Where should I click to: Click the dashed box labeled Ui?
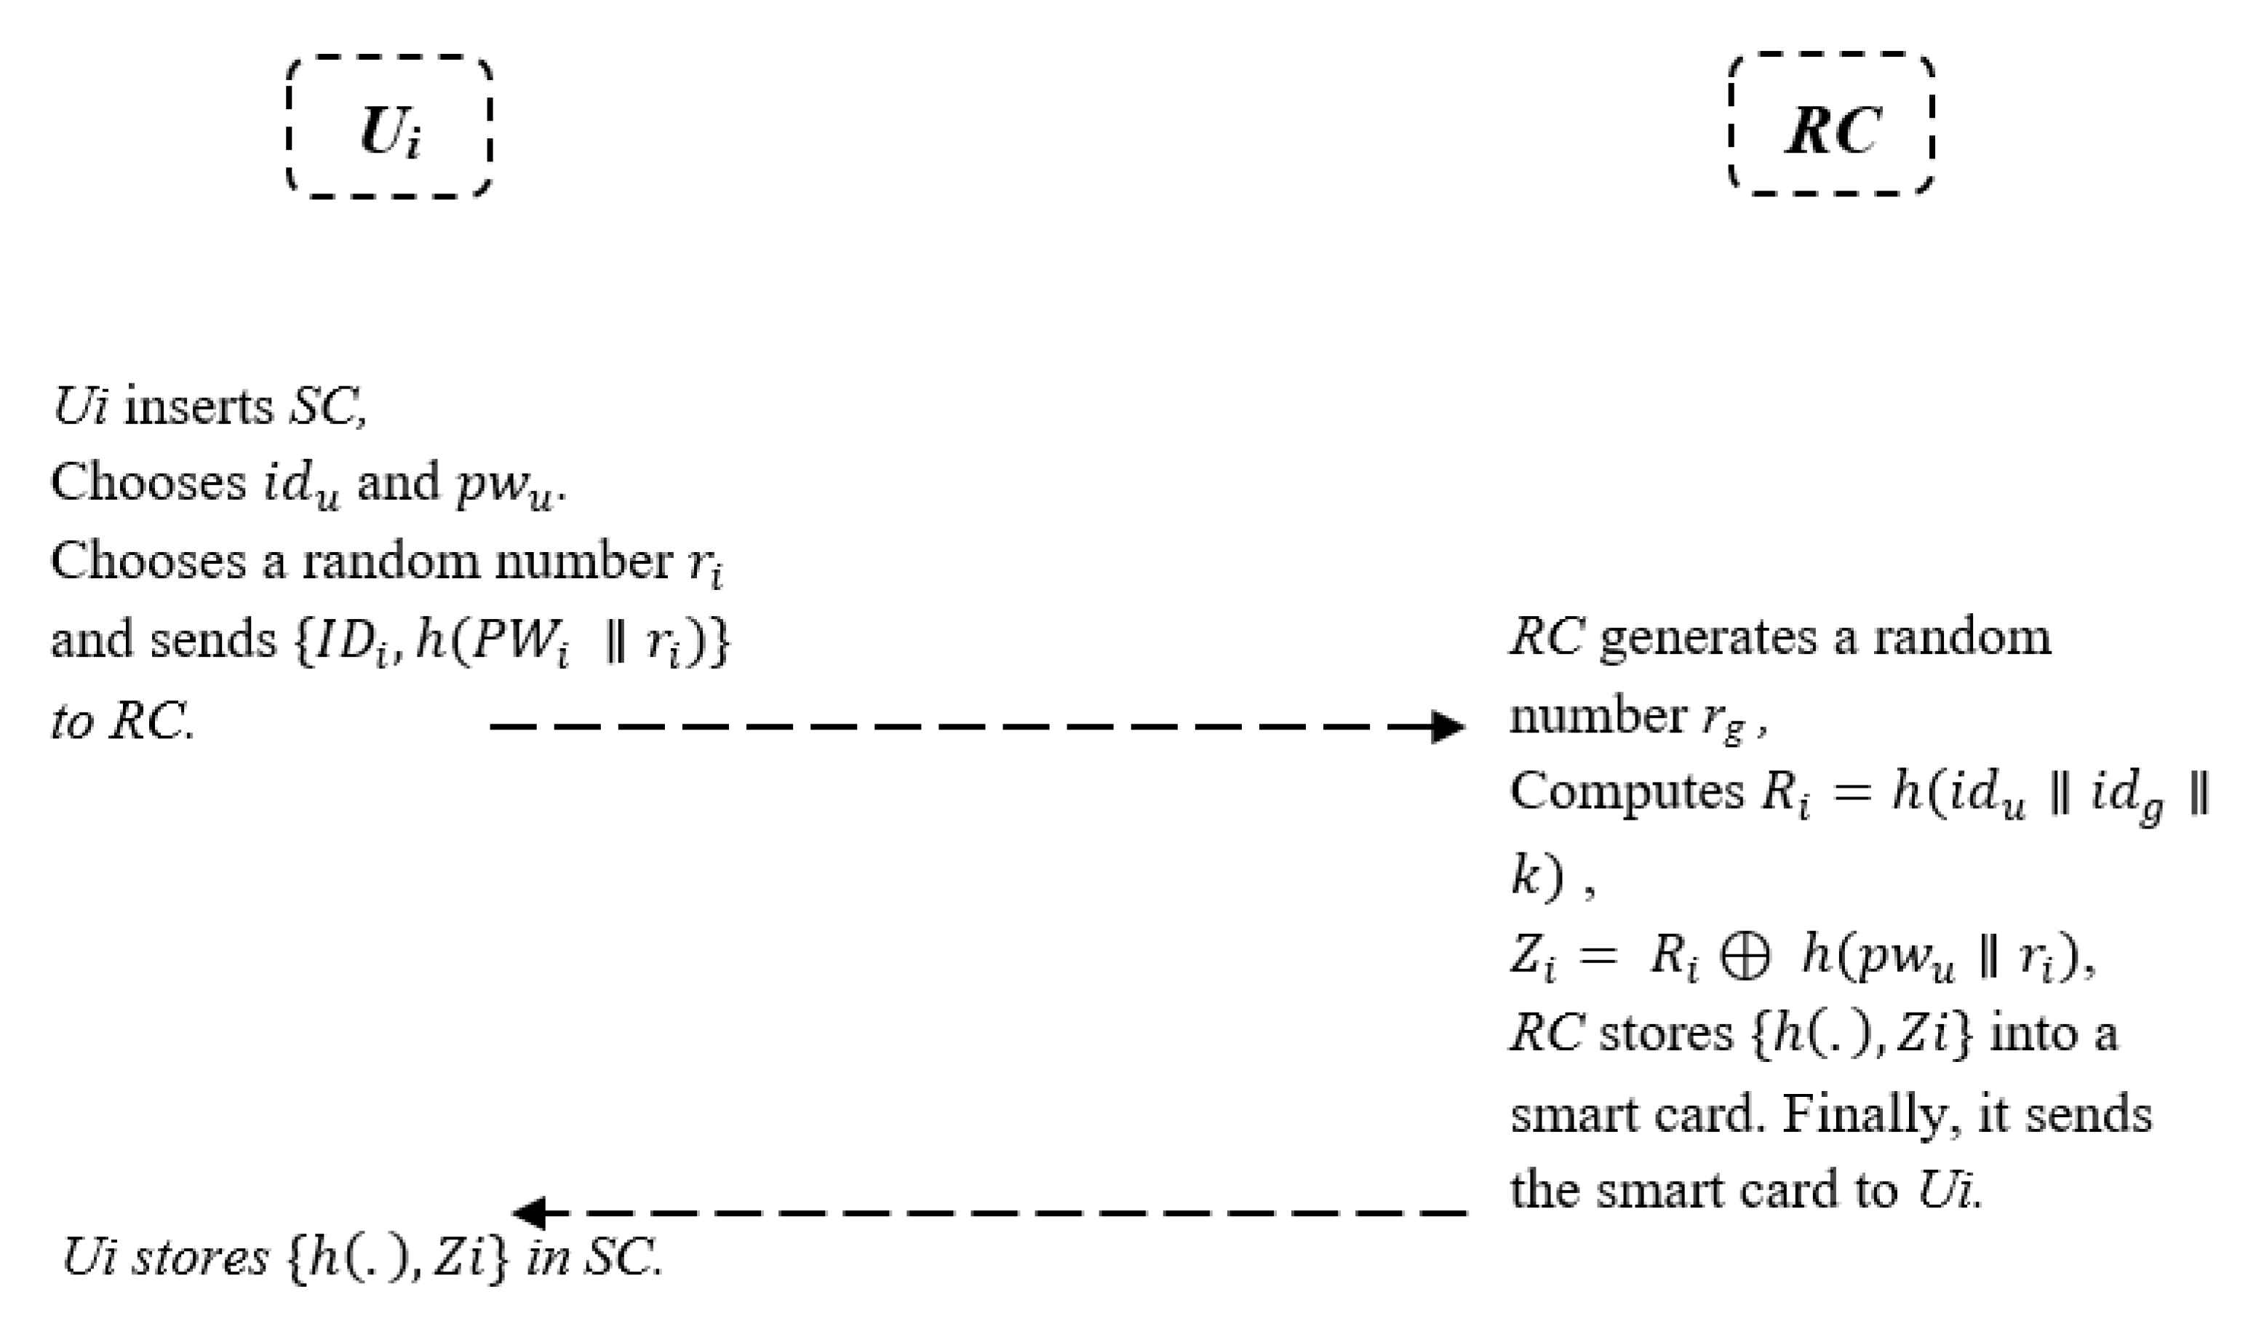[x=389, y=127]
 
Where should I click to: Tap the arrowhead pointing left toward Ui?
[x=529, y=1213]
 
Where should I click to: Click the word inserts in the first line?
[x=198, y=407]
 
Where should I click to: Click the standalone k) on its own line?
[x=1537, y=876]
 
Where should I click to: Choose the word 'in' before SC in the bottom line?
[x=548, y=1258]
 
